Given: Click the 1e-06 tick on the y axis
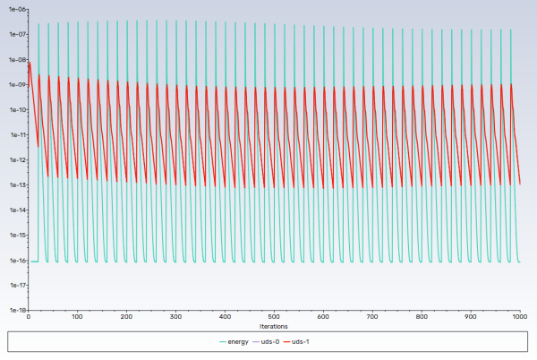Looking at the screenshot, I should point(15,10).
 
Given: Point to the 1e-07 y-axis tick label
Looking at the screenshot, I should point(15,35).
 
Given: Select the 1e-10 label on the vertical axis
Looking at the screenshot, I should point(15,110).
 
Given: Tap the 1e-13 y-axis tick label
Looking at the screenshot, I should point(15,185).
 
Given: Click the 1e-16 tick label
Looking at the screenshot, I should point(15,261).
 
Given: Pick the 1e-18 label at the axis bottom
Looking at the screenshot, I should point(15,310).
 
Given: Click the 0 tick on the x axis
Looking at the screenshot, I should point(29,317).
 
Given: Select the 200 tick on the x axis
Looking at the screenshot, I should point(127,317).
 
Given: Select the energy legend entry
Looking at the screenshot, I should point(234,342).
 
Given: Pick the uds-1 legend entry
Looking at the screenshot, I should point(305,342).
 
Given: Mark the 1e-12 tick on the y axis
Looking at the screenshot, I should point(15,160).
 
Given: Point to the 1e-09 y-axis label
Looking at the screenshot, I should point(15,85).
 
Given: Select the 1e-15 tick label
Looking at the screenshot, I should point(15,236).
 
